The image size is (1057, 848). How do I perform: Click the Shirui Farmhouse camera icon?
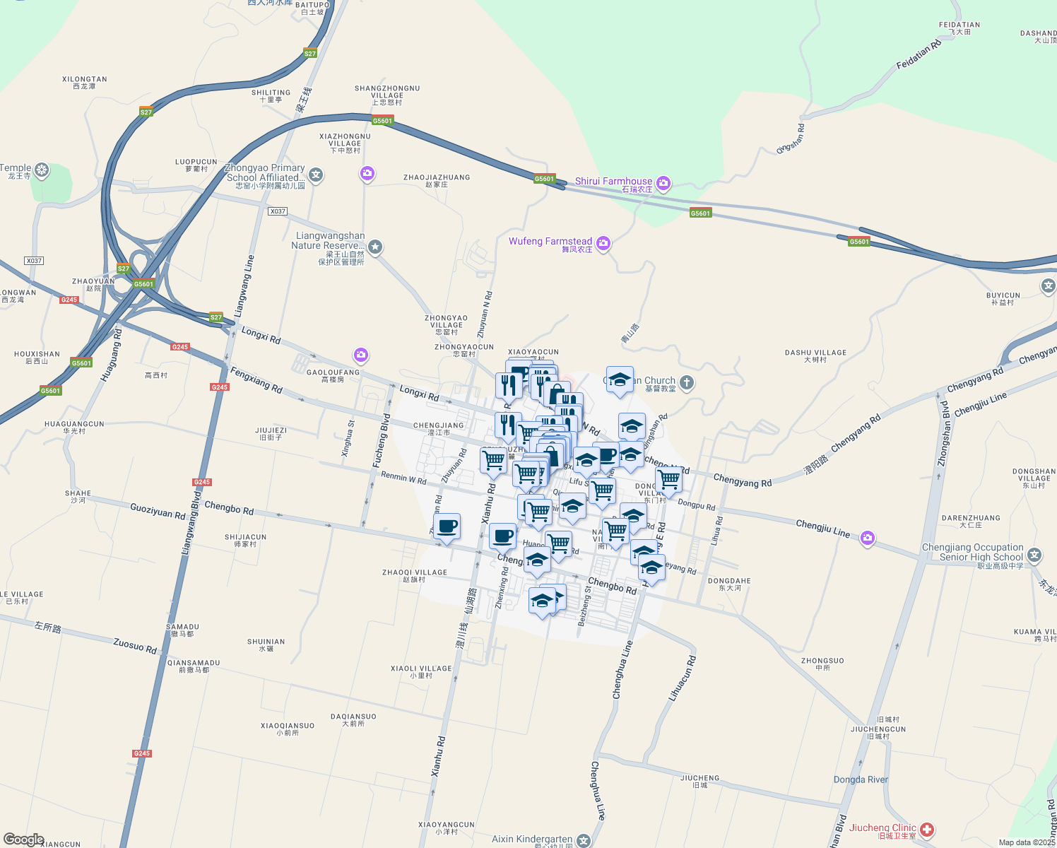663,184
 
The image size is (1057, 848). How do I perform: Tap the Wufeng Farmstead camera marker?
603,244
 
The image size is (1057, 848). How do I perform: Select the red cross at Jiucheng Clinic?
926,830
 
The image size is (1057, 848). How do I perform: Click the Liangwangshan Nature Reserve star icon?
375,247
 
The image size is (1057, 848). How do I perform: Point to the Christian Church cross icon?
687,383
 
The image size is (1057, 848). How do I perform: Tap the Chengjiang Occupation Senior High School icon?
1034,555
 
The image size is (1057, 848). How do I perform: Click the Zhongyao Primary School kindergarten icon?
316,175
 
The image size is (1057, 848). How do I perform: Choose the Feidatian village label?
959,28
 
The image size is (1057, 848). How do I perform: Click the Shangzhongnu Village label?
387,95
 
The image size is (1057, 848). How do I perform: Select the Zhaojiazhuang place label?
437,180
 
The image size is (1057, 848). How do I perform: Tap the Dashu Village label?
815,355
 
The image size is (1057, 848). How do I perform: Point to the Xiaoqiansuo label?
288,729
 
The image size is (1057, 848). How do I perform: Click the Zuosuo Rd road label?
135,645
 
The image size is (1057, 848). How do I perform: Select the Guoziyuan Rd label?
157,510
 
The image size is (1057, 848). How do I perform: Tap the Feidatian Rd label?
919,54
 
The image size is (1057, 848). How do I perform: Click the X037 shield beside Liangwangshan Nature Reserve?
278,211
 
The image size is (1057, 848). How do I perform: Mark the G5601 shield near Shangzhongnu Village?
382,121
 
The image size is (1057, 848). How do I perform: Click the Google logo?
23,840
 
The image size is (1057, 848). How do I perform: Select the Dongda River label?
861,779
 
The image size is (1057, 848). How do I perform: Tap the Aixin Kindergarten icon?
583,840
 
